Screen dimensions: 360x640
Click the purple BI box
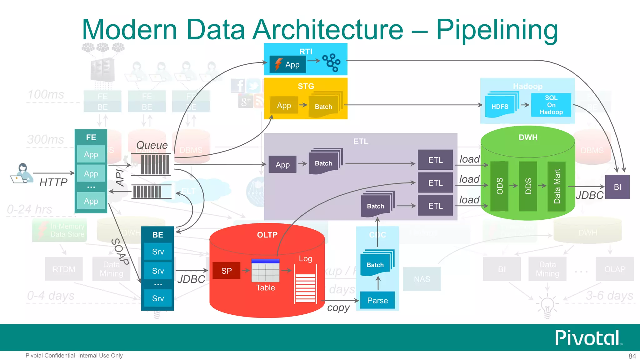click(617, 187)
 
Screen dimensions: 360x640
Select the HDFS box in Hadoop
click(500, 107)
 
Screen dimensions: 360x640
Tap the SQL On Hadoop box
click(551, 105)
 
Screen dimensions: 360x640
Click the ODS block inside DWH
click(499, 186)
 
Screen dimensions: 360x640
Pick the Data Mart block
click(557, 186)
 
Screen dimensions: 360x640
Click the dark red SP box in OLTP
click(227, 271)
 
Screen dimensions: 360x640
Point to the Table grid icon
click(265, 271)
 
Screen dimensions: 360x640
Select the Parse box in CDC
click(377, 300)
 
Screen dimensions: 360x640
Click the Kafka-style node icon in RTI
click(332, 62)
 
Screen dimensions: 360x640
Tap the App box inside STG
click(284, 105)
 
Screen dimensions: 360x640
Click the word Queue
click(152, 145)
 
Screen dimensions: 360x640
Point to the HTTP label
click(53, 182)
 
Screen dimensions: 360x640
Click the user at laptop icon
click(22, 173)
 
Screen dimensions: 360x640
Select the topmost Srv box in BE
click(158, 252)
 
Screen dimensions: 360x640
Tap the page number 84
click(632, 356)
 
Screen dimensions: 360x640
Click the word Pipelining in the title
click(497, 30)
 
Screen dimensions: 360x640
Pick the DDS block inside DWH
click(528, 186)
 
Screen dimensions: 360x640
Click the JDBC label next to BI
click(589, 195)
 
